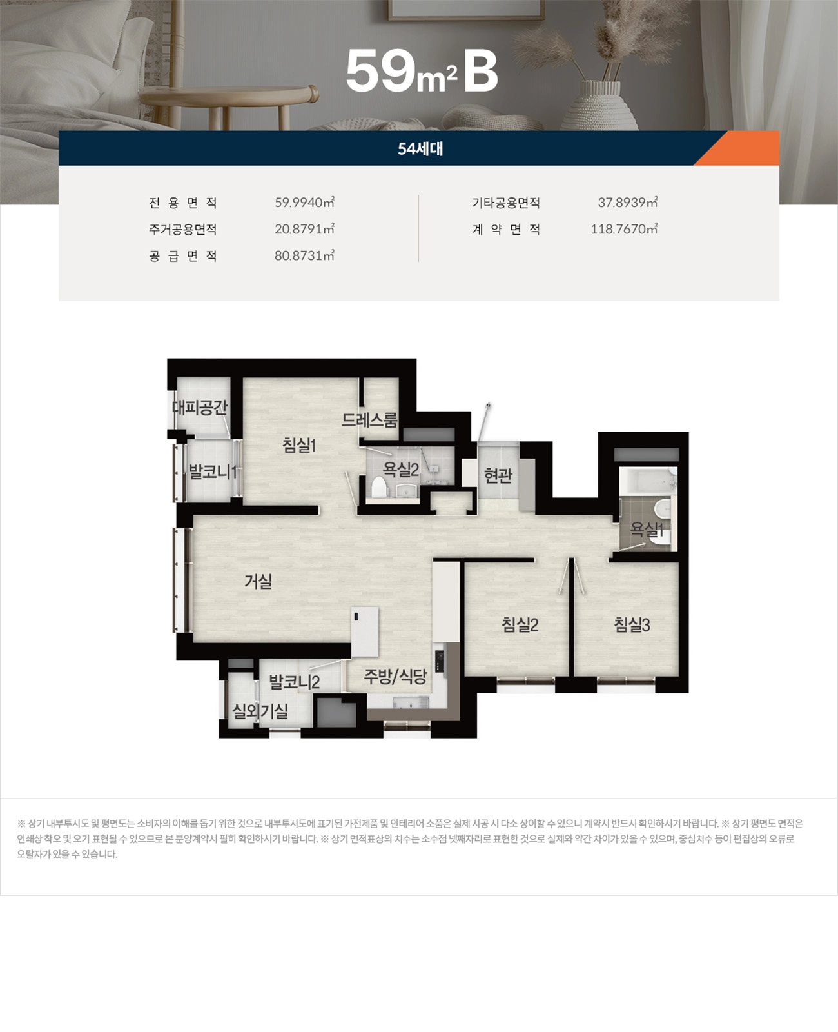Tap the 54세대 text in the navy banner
[420, 149]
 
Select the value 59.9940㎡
[304, 203]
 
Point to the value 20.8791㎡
[304, 229]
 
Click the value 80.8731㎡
[304, 255]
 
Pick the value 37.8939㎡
[627, 203]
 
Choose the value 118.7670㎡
[624, 229]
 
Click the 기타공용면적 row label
[505, 203]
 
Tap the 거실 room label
[258, 581]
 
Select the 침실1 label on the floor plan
[298, 444]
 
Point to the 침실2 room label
[520, 624]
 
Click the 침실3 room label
[632, 624]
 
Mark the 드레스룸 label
[369, 420]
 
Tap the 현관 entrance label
[498, 475]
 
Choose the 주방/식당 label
[395, 676]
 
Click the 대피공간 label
[199, 407]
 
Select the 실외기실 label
[260, 711]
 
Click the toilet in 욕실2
[378, 487]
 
